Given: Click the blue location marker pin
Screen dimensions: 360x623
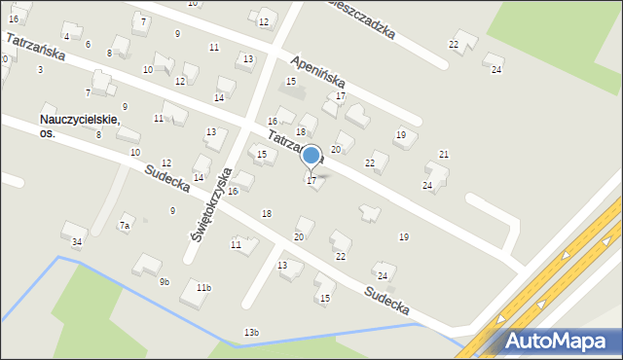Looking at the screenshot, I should pyautogui.click(x=311, y=156).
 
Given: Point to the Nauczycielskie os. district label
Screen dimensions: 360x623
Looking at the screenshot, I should pyautogui.click(x=79, y=126).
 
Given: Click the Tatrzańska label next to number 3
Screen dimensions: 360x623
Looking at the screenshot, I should pyautogui.click(x=35, y=49).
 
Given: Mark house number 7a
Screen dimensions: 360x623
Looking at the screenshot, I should pyautogui.click(x=124, y=226).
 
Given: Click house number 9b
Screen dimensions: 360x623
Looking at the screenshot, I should pyautogui.click(x=165, y=282).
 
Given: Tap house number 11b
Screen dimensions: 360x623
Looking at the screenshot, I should pyautogui.click(x=202, y=288).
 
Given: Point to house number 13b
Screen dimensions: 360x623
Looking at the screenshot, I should pyautogui.click(x=251, y=334).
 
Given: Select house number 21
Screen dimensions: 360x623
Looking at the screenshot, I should pyautogui.click(x=444, y=155).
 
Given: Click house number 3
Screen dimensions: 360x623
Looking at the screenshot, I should pyautogui.click(x=40, y=70).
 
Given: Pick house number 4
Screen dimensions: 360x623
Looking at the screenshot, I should pyautogui.click(x=66, y=37).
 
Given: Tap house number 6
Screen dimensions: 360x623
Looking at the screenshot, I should pyautogui.click(x=88, y=45).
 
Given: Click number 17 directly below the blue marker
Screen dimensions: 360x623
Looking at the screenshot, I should pyautogui.click(x=311, y=181).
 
